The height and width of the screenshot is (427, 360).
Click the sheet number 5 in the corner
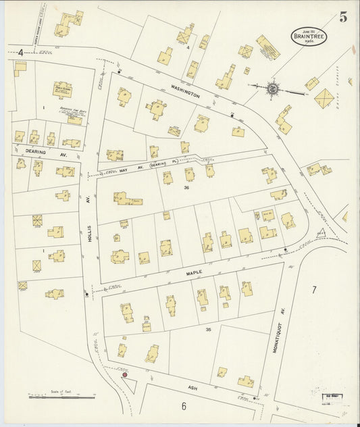(343, 18)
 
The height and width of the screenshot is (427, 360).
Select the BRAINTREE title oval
(309, 36)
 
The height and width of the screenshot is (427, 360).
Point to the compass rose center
(272, 87)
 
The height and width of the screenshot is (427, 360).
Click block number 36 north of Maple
(186, 188)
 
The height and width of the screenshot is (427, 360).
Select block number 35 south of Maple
(208, 329)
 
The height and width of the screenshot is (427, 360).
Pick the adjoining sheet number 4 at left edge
(21, 52)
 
